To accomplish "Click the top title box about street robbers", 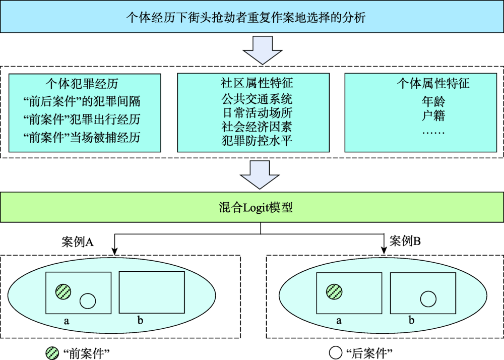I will [252, 18].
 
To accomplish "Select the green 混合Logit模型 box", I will [252, 207].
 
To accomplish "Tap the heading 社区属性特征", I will [257, 82].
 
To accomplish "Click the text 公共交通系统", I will [257, 98].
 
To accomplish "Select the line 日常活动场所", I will [257, 112].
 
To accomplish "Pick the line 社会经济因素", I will [257, 126].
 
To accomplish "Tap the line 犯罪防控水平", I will [257, 141].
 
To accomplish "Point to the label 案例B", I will [405, 241].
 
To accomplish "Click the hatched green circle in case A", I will [63, 290].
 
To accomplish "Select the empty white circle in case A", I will [88, 301].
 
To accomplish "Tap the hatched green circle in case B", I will [334, 291].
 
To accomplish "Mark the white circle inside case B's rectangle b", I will [428, 299].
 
